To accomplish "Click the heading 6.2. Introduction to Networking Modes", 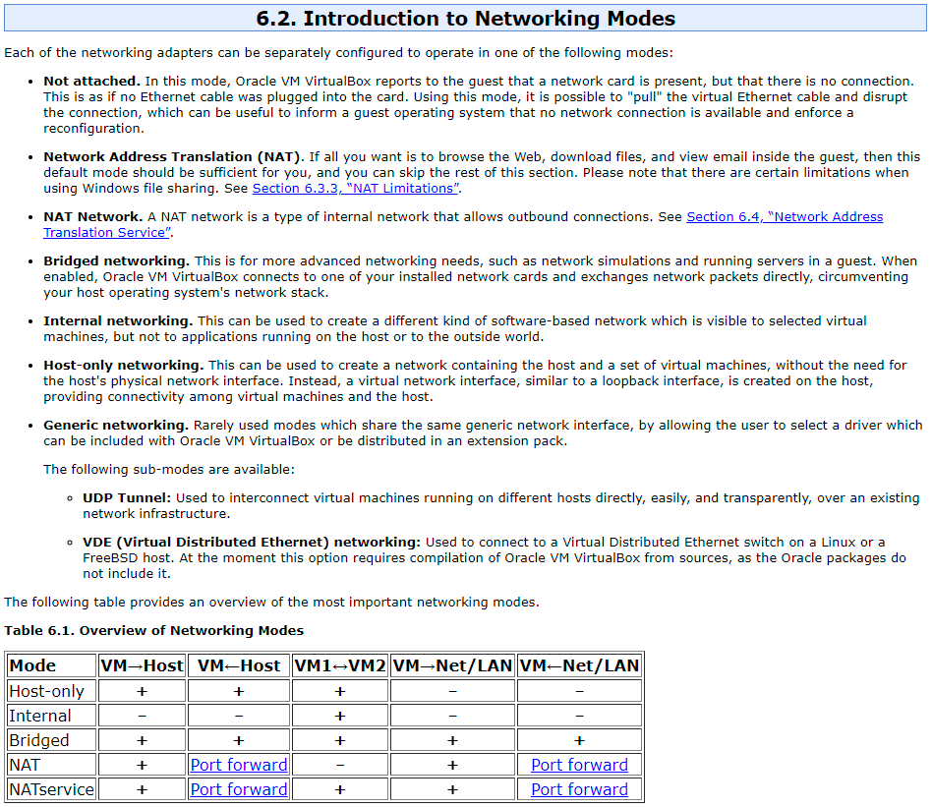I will pyautogui.click(x=465, y=19).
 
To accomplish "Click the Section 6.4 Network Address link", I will pyautogui.click(x=784, y=217).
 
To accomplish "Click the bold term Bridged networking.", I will pyautogui.click(x=116, y=261).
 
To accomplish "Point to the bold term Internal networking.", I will pyautogui.click(x=118, y=321).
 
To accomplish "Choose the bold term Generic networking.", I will pyautogui.click(x=116, y=426).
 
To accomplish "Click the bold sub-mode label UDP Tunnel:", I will pyautogui.click(x=127, y=498).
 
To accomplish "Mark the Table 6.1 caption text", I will pyautogui.click(x=154, y=631).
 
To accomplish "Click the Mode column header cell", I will pyautogui.click(x=33, y=666).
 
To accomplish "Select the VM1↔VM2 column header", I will pyautogui.click(x=340, y=666).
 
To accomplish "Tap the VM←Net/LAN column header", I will pyautogui.click(x=579, y=666).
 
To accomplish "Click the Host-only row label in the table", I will pyautogui.click(x=46, y=691).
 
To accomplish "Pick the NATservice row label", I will pyautogui.click(x=51, y=789).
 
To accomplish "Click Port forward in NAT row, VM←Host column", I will pyautogui.click(x=239, y=765).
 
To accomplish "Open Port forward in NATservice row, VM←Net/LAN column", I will pyautogui.click(x=579, y=789).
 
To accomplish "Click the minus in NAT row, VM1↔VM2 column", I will pyautogui.click(x=340, y=765).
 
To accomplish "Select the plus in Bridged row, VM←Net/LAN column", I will pyautogui.click(x=579, y=740).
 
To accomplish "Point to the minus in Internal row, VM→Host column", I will pyautogui.click(x=142, y=716).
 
